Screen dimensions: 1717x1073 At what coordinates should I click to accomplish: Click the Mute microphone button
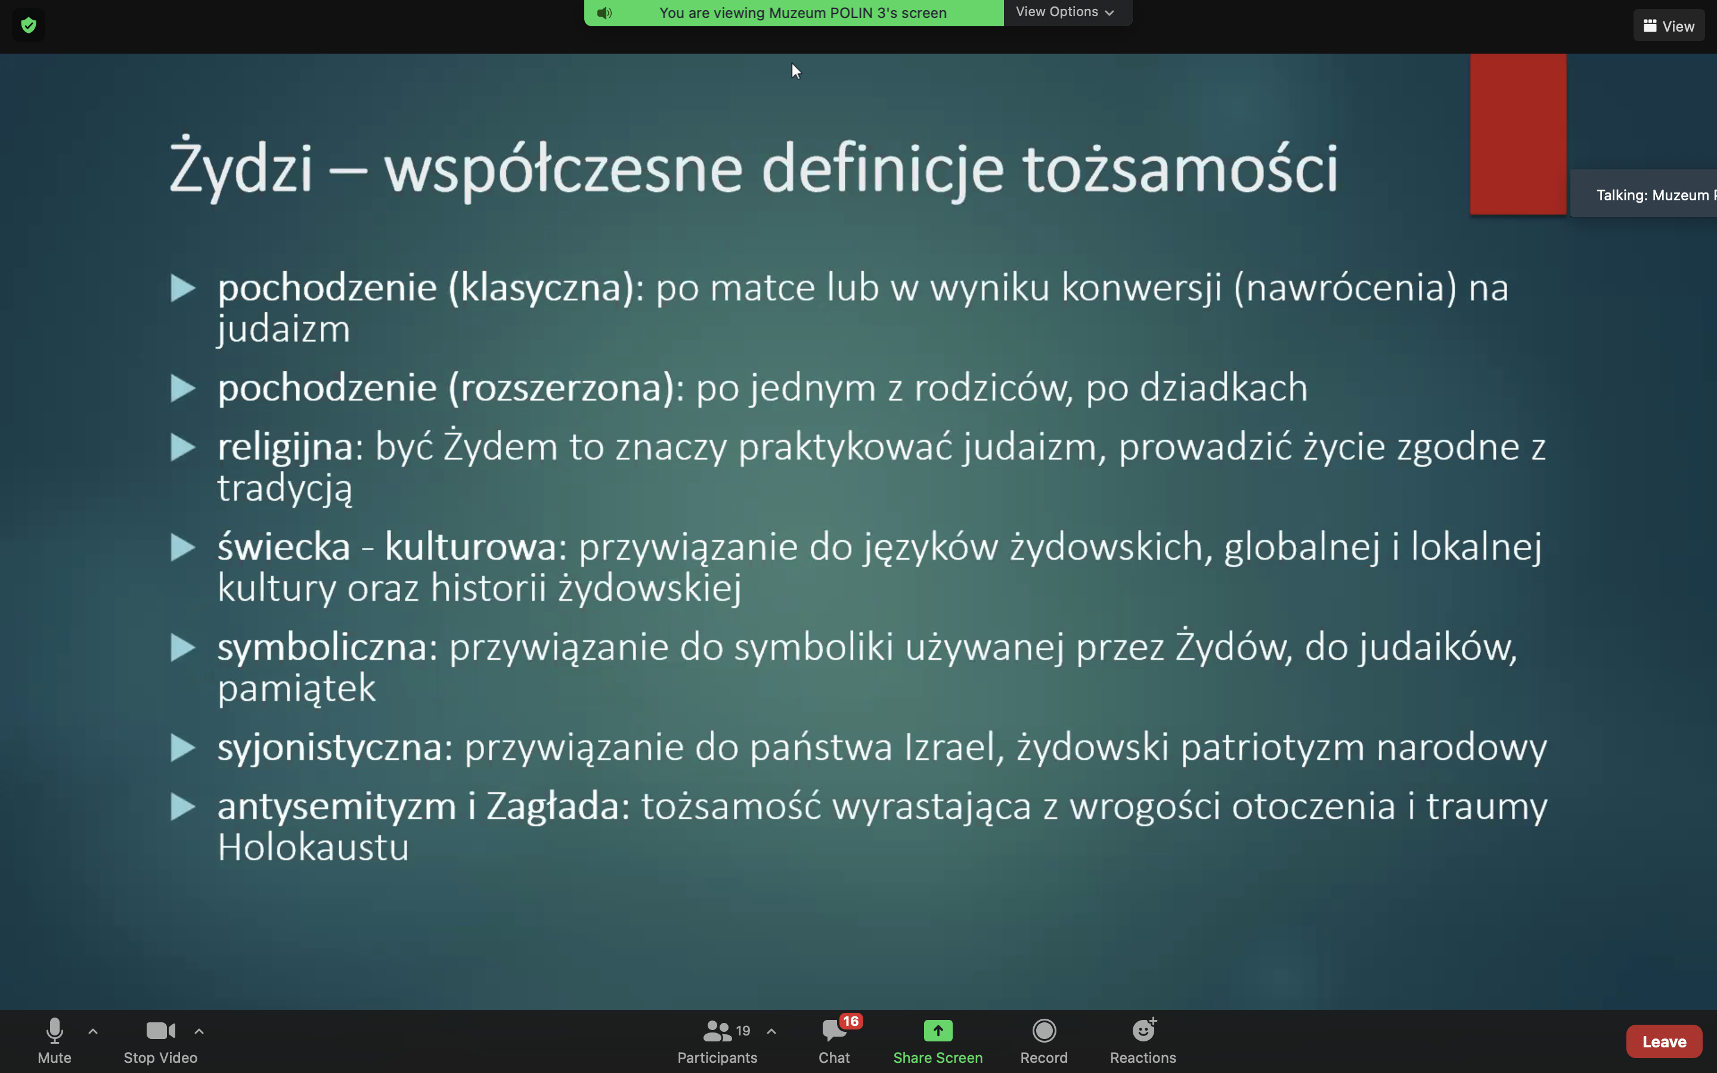(x=55, y=1041)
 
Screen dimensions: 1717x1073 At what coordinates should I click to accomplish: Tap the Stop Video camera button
(x=160, y=1041)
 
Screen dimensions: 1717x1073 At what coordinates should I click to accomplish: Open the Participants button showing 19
(x=717, y=1041)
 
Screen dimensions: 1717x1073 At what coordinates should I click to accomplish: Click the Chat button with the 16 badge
(x=835, y=1041)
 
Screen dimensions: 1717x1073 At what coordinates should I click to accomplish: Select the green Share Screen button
(x=937, y=1041)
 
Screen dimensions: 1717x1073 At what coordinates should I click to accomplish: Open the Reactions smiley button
(x=1143, y=1041)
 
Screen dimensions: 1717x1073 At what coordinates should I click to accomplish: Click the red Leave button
(x=1664, y=1041)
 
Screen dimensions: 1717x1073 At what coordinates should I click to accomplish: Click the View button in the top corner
(x=1669, y=26)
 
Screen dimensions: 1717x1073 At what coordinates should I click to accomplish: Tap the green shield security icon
(x=29, y=26)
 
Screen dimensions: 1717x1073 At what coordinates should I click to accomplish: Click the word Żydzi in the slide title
(x=241, y=168)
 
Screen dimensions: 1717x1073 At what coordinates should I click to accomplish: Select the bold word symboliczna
(x=322, y=648)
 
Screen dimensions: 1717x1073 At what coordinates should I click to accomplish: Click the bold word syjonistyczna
(x=330, y=748)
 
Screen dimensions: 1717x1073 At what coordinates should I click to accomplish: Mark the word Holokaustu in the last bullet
(x=313, y=847)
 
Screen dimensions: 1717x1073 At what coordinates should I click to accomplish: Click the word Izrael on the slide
(x=949, y=748)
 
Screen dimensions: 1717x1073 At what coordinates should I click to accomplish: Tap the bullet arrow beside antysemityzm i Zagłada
(x=183, y=807)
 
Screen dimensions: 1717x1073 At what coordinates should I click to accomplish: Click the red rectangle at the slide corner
(x=1518, y=134)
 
